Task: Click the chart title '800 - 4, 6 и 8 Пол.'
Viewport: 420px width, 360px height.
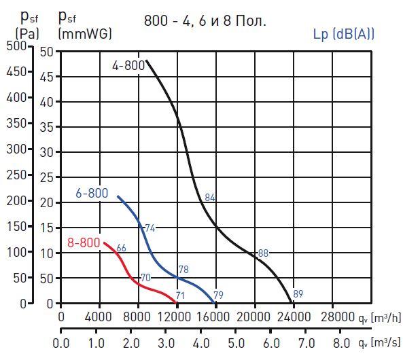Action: (x=205, y=20)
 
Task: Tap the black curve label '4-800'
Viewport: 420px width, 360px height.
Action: (x=128, y=66)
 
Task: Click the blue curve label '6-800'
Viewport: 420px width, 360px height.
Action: (x=92, y=194)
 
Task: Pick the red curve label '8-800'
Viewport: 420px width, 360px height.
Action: (x=84, y=242)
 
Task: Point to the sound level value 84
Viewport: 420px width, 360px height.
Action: (x=210, y=198)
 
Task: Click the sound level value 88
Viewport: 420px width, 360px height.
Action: (x=263, y=253)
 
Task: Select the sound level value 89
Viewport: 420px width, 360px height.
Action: (x=298, y=294)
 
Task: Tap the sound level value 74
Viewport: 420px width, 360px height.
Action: (x=150, y=228)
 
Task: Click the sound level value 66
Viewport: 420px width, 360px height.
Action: (x=122, y=248)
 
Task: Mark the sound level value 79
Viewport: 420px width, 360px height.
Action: (x=218, y=295)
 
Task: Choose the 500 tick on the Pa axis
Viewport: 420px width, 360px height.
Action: (x=16, y=46)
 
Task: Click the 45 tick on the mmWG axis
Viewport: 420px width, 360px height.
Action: (x=46, y=77)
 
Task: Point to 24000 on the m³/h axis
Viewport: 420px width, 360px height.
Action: (x=294, y=317)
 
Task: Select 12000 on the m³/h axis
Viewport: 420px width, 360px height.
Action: (x=177, y=317)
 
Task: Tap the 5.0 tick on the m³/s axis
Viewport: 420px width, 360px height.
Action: (x=236, y=342)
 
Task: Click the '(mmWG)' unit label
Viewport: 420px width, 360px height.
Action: (x=85, y=33)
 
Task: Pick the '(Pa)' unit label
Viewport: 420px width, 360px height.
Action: (x=27, y=33)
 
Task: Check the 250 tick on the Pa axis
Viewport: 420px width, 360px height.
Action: (x=16, y=175)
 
